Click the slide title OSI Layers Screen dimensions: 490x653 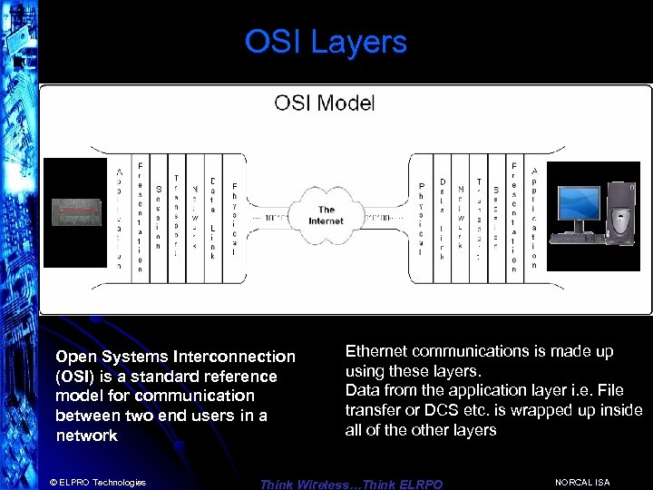[326, 42]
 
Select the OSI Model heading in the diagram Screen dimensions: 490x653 [325, 103]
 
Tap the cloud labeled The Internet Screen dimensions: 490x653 [326, 215]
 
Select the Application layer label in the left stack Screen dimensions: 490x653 [119, 218]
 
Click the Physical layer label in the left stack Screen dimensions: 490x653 [233, 219]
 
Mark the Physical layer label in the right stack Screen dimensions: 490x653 [421, 219]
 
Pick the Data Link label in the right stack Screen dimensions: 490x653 [443, 218]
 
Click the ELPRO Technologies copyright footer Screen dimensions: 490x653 [98, 482]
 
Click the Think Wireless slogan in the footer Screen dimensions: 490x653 [351, 484]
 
